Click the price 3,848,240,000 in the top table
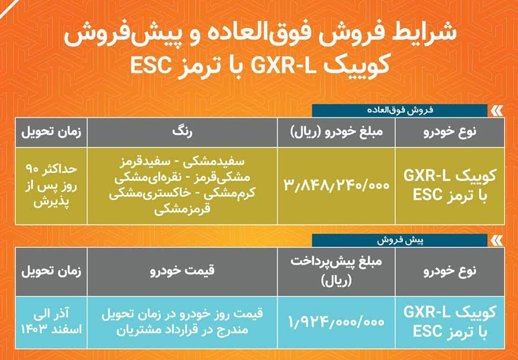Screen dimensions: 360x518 pos(337,186)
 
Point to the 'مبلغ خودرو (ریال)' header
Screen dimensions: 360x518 pos(337,132)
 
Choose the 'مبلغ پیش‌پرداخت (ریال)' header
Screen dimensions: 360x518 pos(337,269)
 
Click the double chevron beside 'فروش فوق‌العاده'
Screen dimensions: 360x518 pos(495,109)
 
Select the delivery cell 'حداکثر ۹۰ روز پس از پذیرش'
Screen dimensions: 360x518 pos(50,186)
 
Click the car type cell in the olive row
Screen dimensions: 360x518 pos(450,186)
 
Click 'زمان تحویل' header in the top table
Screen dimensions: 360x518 pos(50,132)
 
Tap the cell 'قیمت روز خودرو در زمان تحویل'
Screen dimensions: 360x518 pos(182,314)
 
